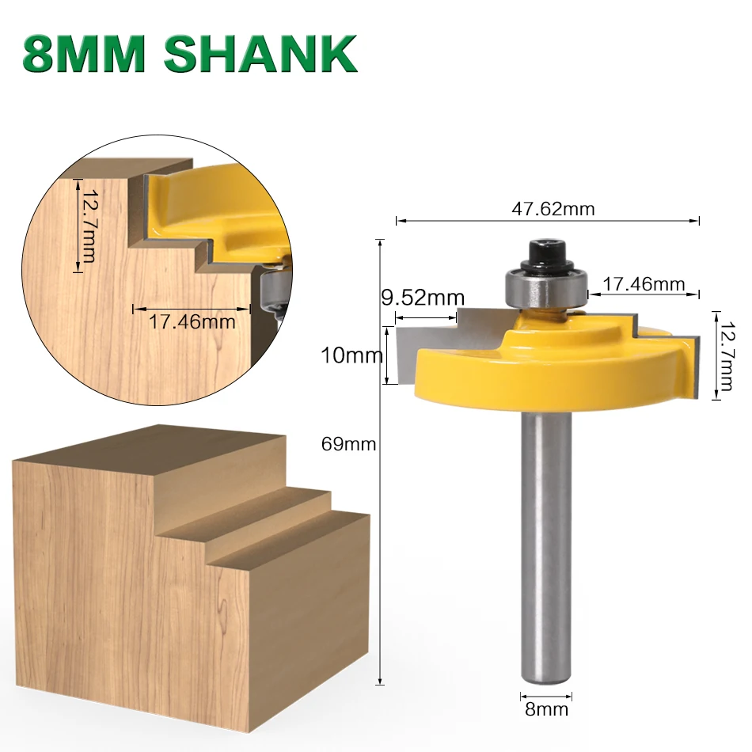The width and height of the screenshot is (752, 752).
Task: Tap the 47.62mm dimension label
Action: (553, 209)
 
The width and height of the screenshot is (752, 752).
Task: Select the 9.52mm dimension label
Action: (423, 298)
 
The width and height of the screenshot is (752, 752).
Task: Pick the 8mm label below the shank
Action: (546, 708)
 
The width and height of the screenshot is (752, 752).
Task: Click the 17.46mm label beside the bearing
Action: (644, 283)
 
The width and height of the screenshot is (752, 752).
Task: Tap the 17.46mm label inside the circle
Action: (192, 321)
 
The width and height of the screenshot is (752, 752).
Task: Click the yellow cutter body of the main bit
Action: (546, 372)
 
